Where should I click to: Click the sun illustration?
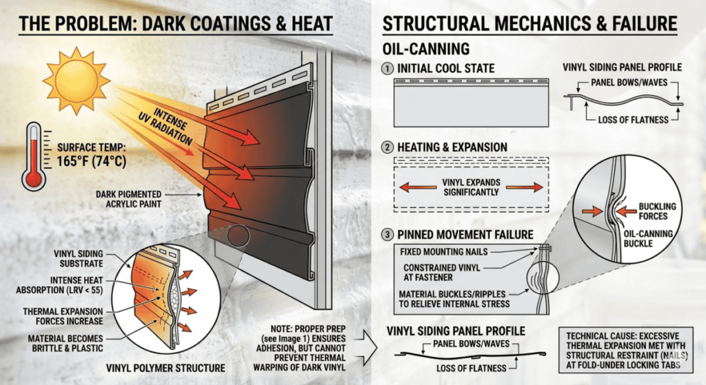point(77,81)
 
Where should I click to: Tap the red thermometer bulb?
point(34,179)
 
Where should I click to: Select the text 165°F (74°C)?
point(92,161)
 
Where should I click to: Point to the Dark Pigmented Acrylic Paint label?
point(128,199)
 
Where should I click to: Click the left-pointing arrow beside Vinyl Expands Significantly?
point(418,187)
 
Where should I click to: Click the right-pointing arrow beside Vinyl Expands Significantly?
point(525,187)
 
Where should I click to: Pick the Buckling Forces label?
point(657,211)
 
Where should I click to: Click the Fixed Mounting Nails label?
point(444,252)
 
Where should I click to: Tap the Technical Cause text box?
point(626,350)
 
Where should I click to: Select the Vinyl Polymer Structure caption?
point(165,368)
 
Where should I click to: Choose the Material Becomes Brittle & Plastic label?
point(65,343)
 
